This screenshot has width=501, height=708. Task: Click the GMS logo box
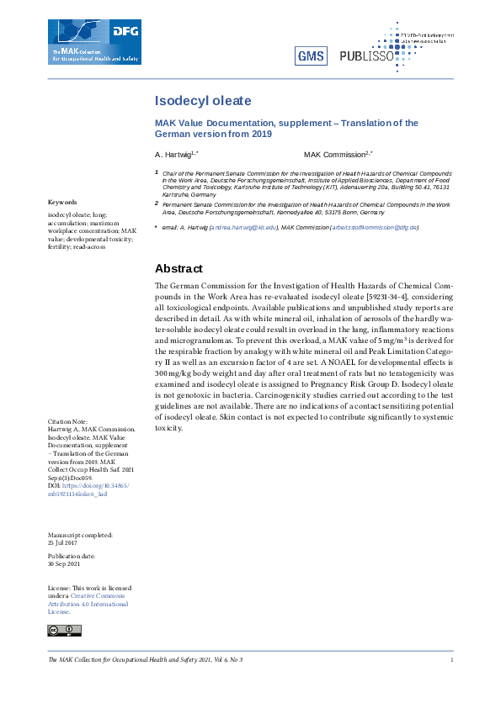[311, 55]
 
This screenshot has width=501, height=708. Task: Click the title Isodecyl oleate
[203, 101]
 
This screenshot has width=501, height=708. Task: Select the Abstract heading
[179, 269]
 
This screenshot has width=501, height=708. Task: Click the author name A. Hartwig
[173, 156]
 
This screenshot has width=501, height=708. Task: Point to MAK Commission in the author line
[334, 156]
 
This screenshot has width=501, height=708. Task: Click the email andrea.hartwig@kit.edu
[243, 228]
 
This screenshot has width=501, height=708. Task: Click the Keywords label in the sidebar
[62, 203]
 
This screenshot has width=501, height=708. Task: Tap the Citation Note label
[67, 421]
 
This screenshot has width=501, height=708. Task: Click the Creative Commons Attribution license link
[88, 604]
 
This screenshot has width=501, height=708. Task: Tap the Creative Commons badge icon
[65, 630]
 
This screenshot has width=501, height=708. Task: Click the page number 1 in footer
[452, 660]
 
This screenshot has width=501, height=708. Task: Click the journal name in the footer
[145, 660]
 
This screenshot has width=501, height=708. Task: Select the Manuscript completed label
[79, 535]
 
